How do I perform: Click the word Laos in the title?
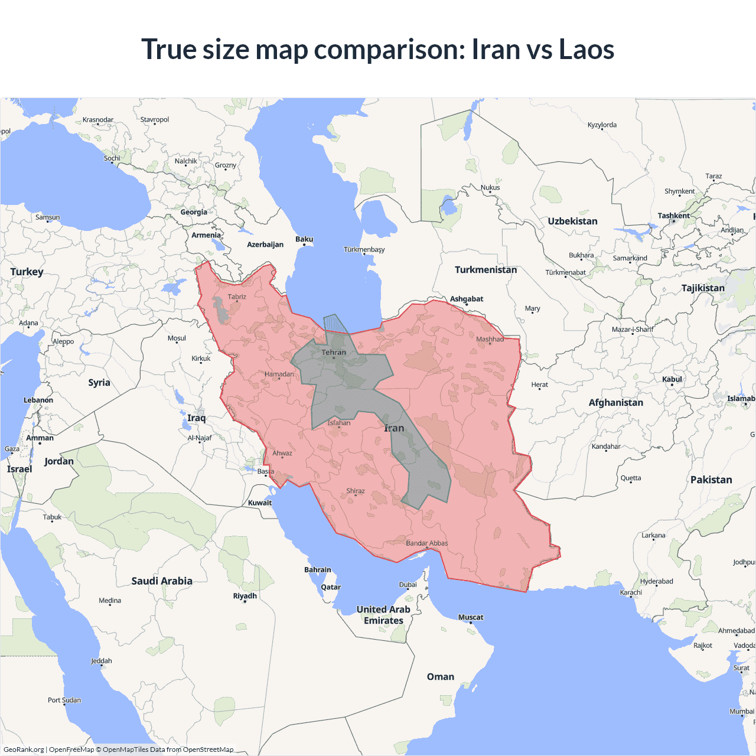click(586, 50)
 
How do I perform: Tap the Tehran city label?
click(334, 353)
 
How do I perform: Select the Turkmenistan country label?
click(485, 270)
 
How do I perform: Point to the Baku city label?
click(304, 239)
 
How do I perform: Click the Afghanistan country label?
click(615, 403)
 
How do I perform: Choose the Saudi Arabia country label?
click(162, 581)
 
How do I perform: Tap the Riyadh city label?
click(245, 596)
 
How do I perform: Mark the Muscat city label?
click(471, 617)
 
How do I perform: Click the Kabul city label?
click(672, 379)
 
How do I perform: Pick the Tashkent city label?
click(673, 216)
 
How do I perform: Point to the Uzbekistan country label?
click(572, 221)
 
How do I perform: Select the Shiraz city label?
click(356, 491)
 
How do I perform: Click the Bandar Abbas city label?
click(427, 543)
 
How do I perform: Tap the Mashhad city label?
click(490, 339)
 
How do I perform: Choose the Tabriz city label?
click(237, 297)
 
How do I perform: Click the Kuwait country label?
click(260, 503)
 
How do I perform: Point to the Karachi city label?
click(631, 592)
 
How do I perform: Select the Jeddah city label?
click(102, 661)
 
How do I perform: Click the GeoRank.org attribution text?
click(24, 750)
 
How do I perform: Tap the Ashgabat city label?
click(467, 299)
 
